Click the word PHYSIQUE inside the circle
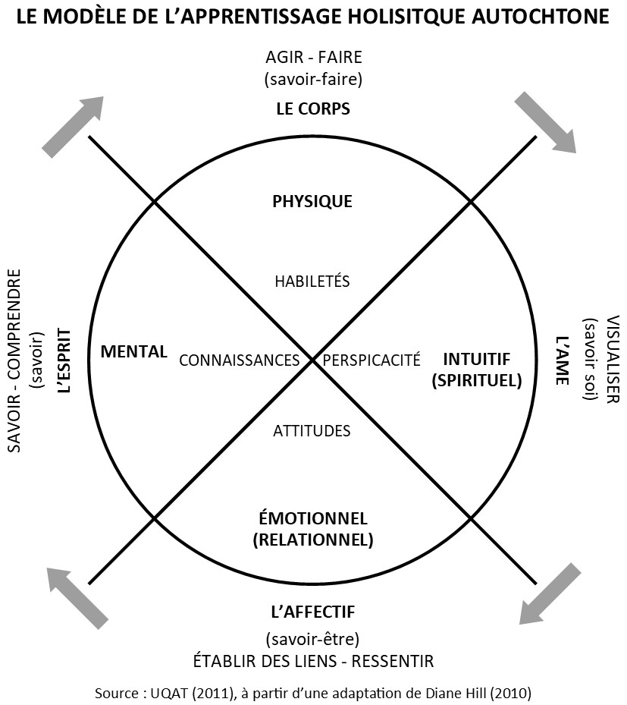(312, 201)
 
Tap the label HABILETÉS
(312, 281)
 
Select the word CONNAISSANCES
(239, 360)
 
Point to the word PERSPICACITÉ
(371, 360)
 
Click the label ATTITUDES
(312, 431)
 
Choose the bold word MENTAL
(133, 351)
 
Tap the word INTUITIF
(477, 359)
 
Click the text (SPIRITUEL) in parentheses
(477, 380)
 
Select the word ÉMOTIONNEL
(312, 519)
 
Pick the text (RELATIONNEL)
(312, 540)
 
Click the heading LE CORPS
(312, 109)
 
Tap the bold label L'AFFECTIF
(312, 611)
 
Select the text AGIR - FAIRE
(312, 57)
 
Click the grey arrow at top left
(73, 126)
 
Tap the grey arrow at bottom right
(550, 593)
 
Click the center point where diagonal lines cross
(312, 360)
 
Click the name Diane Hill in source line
(454, 693)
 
